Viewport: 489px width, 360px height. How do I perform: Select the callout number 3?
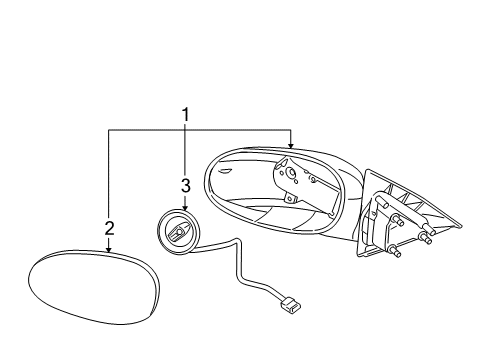(x=185, y=185)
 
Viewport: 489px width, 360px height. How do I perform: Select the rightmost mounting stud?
(x=429, y=238)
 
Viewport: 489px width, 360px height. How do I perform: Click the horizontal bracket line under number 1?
(x=200, y=130)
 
